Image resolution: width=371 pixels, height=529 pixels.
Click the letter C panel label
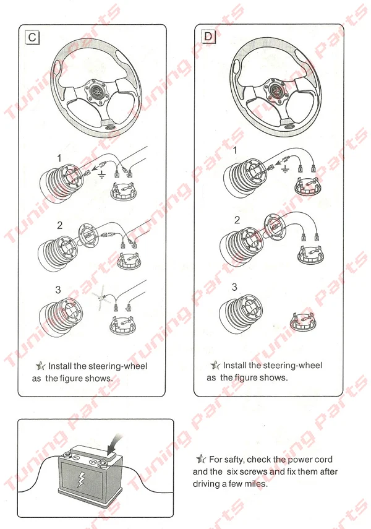pos(32,37)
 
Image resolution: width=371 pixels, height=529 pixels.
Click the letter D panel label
pos(208,36)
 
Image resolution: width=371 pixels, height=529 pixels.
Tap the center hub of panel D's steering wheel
pos(276,89)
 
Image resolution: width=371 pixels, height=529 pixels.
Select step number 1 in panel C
pos(60,158)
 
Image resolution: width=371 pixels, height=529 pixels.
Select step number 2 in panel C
pos(60,225)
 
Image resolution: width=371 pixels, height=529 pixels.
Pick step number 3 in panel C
pos(58,290)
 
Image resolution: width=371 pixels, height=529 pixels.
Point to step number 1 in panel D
pos(235,150)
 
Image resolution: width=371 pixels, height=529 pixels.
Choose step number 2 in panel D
pos(237,220)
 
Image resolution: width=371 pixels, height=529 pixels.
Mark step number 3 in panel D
pos(234,287)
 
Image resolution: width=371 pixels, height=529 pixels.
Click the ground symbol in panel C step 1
pos(101,174)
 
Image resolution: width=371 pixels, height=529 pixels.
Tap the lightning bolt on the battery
pos(81,480)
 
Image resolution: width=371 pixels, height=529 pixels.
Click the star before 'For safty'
pos(201,459)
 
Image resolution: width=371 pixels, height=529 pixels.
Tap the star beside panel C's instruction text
pos(40,366)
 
